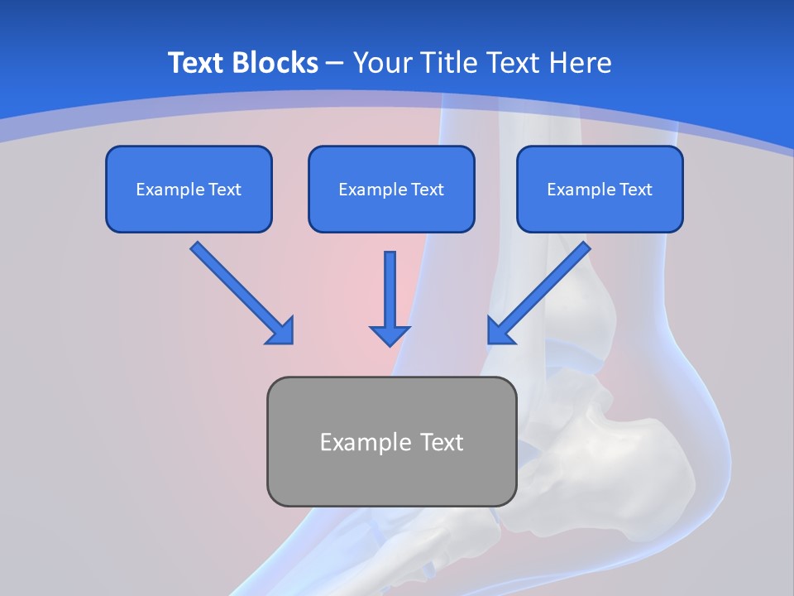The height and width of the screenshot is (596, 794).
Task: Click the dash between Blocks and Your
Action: tap(335, 64)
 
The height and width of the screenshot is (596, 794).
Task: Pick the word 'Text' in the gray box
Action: tap(441, 442)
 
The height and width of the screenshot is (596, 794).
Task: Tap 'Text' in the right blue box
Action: tap(635, 190)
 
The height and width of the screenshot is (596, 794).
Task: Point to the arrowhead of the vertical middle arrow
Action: tap(390, 335)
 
